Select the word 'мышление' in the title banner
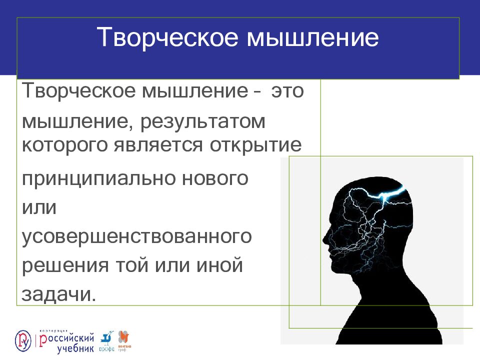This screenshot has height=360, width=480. pos(313,38)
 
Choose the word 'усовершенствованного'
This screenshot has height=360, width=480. pos(136,236)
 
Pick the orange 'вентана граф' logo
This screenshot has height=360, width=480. pos(123,340)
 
